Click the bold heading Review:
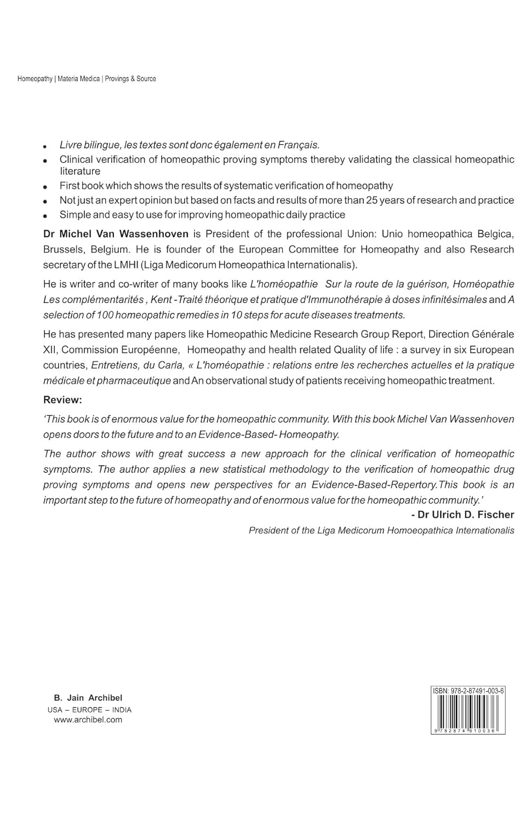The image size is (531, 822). click(62, 400)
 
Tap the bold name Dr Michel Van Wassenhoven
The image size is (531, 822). click(116, 234)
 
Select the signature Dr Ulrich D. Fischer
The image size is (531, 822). click(463, 515)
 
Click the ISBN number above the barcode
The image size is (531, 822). click(468, 691)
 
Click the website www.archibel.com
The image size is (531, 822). click(88, 720)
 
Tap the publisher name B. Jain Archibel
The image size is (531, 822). click(88, 698)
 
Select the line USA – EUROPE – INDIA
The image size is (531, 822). click(89, 710)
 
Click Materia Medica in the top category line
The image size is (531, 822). click(79, 79)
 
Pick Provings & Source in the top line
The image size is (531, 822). click(130, 79)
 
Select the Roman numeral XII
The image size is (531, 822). click(50, 350)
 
